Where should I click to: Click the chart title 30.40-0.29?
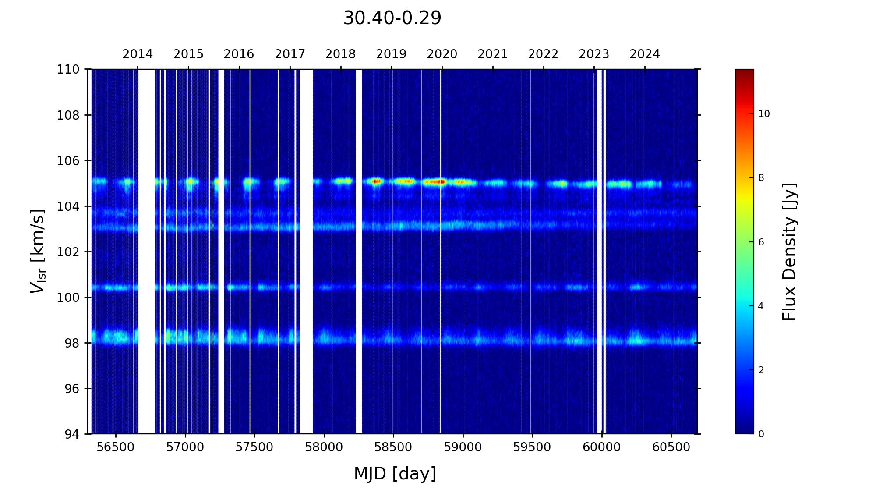[x=392, y=18]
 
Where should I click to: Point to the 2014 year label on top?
[x=138, y=54]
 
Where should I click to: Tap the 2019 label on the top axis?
[x=391, y=54]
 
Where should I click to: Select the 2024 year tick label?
[x=645, y=54]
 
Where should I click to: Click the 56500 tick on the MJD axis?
[x=116, y=447]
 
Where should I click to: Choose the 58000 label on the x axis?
[x=324, y=447]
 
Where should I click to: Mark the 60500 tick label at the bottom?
[x=671, y=447]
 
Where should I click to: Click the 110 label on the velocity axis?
[x=68, y=69]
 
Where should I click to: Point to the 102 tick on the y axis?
[x=68, y=252]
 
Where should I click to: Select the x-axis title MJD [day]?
[x=395, y=474]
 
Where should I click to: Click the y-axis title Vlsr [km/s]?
[x=38, y=251]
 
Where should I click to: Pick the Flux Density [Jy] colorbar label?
[x=789, y=252]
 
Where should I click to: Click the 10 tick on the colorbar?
[x=764, y=114]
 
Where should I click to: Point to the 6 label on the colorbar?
[x=761, y=242]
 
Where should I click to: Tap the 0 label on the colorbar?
[x=761, y=434]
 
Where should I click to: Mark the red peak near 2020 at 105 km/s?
[x=441, y=181]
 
